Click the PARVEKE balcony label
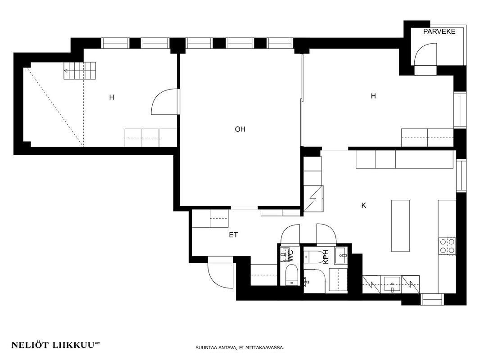(x=439, y=31)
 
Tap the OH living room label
(x=240, y=130)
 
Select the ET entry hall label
(x=233, y=235)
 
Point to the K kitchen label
(x=364, y=206)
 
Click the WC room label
(x=290, y=256)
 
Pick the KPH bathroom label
(x=326, y=257)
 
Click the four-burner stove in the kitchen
(x=448, y=246)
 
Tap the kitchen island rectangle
(x=400, y=226)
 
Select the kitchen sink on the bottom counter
(x=392, y=284)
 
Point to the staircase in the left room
(x=80, y=71)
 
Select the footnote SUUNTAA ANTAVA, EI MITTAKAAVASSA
(x=240, y=347)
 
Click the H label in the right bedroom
(x=373, y=96)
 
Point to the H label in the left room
(x=112, y=98)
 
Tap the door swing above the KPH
(x=326, y=233)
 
